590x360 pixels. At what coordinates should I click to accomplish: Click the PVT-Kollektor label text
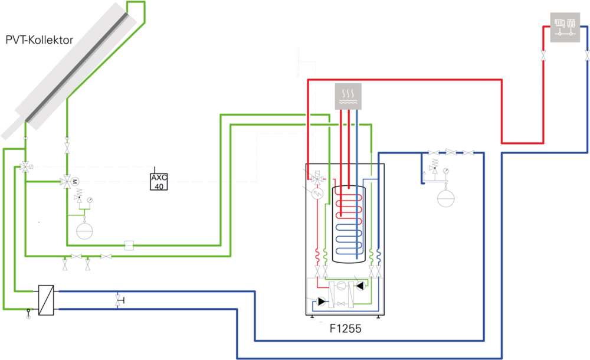click(x=40, y=41)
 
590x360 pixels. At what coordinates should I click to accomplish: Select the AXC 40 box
click(x=158, y=182)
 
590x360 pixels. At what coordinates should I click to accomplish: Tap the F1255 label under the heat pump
click(x=345, y=329)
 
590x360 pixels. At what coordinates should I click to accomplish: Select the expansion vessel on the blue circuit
click(x=447, y=198)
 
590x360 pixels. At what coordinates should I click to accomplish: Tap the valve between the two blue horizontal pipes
click(x=118, y=300)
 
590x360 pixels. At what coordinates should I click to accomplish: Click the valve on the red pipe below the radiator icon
click(x=543, y=57)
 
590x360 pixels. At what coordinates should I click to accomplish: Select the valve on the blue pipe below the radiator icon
click(x=588, y=57)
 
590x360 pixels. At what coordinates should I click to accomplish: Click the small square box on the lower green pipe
click(x=129, y=244)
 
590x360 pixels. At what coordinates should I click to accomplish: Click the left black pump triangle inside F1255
click(x=322, y=302)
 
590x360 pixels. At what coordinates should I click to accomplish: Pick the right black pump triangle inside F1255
click(x=367, y=284)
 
